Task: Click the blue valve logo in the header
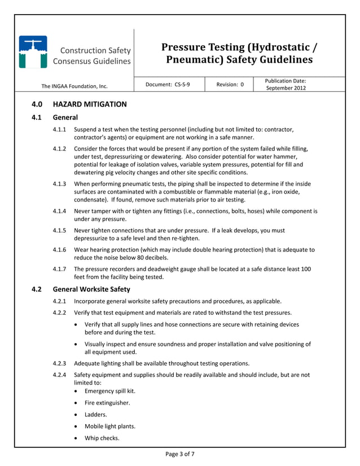(x=33, y=52)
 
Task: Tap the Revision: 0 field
(x=230, y=85)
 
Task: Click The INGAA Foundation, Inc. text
(x=74, y=86)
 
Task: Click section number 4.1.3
(x=59, y=184)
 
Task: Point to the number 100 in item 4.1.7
(x=305, y=269)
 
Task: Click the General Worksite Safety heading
(x=91, y=289)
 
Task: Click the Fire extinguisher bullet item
(x=107, y=403)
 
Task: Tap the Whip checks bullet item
(x=102, y=438)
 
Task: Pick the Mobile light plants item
(x=110, y=426)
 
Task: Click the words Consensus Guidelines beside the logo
(x=92, y=61)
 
